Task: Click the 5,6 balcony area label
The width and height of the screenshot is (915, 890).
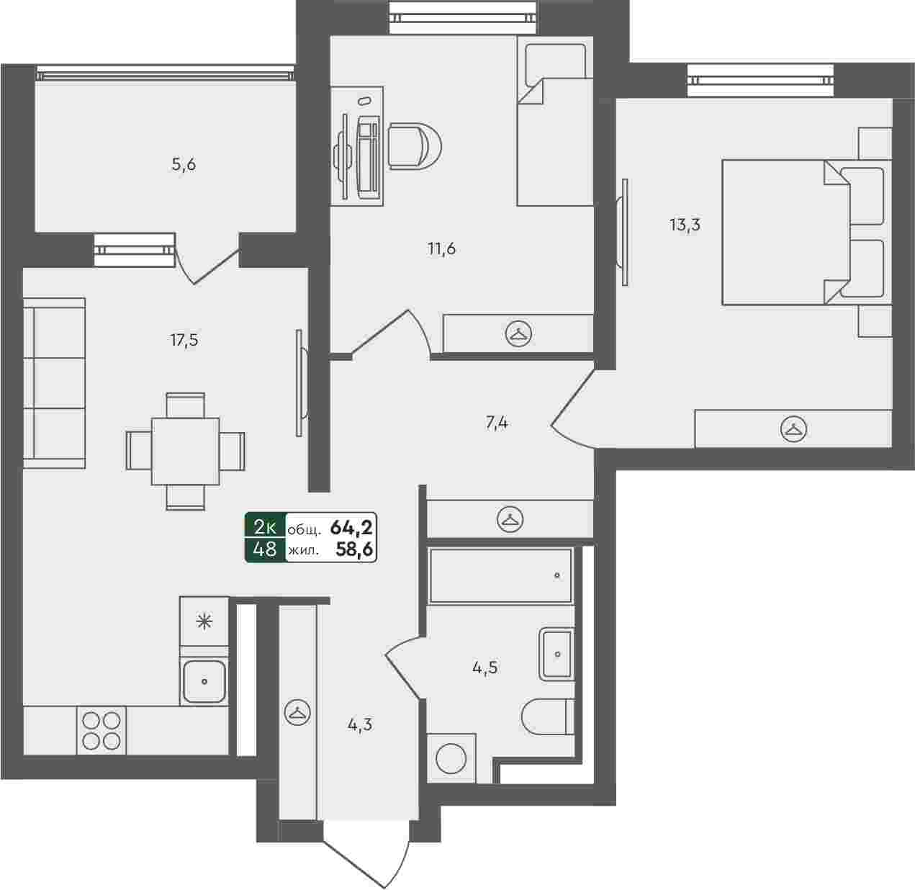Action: (x=184, y=165)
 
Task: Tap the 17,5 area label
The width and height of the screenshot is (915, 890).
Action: (x=184, y=340)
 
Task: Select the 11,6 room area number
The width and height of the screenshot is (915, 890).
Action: (x=441, y=249)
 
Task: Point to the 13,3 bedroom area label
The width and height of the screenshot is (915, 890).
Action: (x=685, y=225)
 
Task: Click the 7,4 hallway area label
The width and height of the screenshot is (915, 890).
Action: (x=497, y=423)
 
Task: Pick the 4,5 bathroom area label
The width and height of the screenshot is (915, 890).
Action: (x=484, y=667)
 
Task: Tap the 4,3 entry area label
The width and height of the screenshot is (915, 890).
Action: (x=360, y=725)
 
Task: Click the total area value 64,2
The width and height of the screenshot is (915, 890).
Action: (x=352, y=528)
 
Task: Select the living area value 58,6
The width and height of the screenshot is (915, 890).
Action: (x=354, y=549)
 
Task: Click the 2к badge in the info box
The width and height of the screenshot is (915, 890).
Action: (x=265, y=528)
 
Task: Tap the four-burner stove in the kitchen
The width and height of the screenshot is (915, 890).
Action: (x=102, y=730)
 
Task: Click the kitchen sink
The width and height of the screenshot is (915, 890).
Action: (x=204, y=680)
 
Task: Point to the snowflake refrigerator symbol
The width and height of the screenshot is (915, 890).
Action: (x=204, y=622)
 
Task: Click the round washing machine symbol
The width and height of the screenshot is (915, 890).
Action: (x=451, y=758)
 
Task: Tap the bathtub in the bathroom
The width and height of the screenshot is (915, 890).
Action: (x=501, y=575)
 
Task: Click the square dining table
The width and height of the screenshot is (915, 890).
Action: (x=185, y=451)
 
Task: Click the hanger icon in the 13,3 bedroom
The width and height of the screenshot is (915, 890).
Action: (x=793, y=428)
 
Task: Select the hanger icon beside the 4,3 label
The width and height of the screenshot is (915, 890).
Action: (x=297, y=711)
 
